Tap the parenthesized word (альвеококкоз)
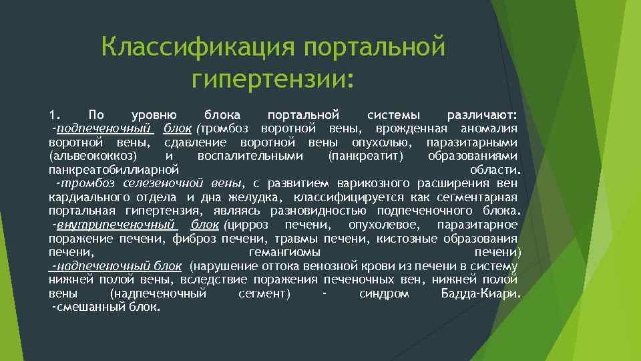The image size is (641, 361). (93, 156)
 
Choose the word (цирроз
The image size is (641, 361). (250, 224)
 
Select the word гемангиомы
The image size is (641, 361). (284, 252)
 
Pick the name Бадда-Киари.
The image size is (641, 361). (481, 293)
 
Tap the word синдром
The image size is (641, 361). (384, 293)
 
